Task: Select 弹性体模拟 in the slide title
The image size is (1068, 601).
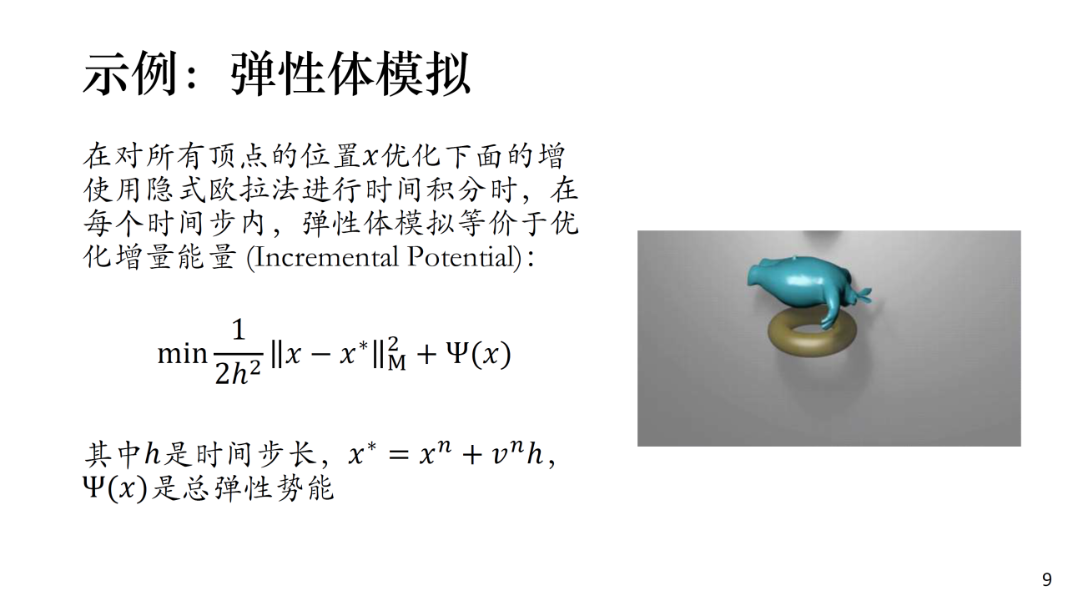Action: coord(350,74)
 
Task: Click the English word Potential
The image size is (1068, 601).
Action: coord(462,257)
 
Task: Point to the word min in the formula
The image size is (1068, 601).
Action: coord(182,355)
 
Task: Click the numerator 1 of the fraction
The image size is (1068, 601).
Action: coord(239,330)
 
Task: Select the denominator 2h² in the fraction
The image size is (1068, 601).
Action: coord(238,373)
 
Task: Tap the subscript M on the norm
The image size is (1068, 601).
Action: coord(396,363)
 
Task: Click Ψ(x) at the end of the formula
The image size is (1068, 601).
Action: coord(478,355)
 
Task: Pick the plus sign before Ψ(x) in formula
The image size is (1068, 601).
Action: coord(426,355)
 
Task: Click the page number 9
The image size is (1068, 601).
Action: coord(1047,579)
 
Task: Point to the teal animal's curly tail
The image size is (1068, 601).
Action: coord(861,295)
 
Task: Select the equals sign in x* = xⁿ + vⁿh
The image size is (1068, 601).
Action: coord(399,455)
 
